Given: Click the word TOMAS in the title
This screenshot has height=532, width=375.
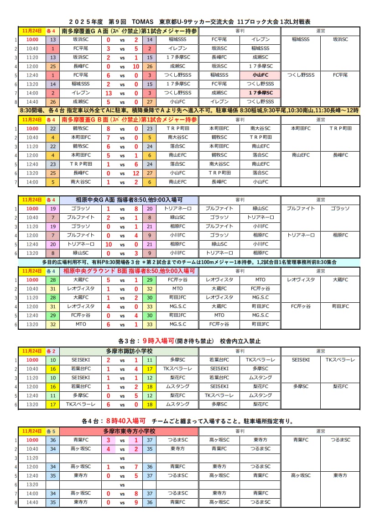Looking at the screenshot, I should [x=141, y=21].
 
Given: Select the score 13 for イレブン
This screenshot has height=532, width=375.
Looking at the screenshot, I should [x=108, y=93].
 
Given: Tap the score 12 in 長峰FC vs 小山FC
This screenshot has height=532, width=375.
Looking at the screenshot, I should [x=135, y=173].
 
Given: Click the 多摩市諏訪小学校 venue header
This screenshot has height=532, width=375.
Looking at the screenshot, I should [x=129, y=351].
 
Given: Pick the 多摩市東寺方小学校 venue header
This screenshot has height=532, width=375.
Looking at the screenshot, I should [x=129, y=431].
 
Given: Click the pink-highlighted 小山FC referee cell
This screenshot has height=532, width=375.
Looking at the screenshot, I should [x=260, y=75].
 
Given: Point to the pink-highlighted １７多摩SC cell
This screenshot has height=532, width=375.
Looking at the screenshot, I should [x=260, y=93].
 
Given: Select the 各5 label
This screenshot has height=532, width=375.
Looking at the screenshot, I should [x=52, y=431].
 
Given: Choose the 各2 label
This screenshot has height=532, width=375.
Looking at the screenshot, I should [x=52, y=351].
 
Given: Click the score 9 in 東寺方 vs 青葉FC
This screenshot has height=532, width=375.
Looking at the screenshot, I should [x=135, y=502].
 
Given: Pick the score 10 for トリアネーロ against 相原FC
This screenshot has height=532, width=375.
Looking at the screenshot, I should [x=108, y=244].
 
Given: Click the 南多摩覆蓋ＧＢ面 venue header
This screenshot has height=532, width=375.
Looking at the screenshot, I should [x=129, y=120].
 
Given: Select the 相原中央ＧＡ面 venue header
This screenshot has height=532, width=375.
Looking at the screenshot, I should [x=129, y=200].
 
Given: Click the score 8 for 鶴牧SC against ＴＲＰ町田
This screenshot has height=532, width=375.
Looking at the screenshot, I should [x=108, y=128].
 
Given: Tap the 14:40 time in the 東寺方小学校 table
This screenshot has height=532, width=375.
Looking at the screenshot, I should [x=32, y=502].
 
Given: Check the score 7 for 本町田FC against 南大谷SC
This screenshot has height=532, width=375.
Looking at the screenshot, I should [x=108, y=137].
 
